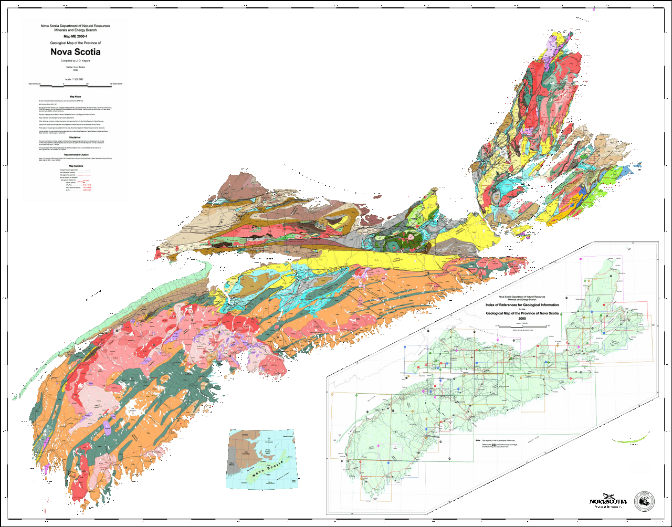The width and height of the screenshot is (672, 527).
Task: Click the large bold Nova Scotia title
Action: coord(75,52)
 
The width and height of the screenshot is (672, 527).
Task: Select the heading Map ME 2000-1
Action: coord(75,36)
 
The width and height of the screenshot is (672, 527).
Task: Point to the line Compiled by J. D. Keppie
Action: coord(75,61)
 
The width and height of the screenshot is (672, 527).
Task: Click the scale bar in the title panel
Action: coord(75,84)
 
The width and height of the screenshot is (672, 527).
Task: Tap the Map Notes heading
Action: coord(75,96)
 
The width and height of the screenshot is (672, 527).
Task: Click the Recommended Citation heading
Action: coord(75,155)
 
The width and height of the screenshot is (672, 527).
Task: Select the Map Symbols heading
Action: coord(75,166)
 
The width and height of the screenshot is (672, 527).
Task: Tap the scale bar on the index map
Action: coord(522,326)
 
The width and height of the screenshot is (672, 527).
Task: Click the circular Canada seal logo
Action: coord(644,501)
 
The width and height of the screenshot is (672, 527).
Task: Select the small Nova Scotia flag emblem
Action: coord(609,497)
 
